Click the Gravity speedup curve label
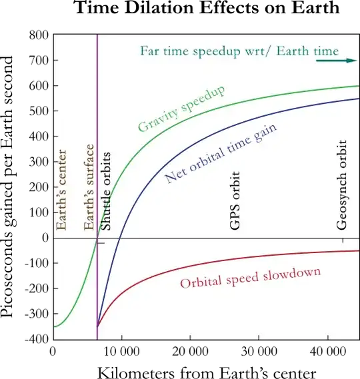pos(181,109)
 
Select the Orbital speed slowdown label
pos(250,277)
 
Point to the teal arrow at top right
pos(336,61)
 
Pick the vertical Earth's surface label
pos(89,188)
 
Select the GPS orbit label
pos(235,200)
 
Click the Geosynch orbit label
pos(342,185)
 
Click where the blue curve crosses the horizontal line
pos(119,238)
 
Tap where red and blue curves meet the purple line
pos(97,326)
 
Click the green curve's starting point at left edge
pos(55,326)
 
